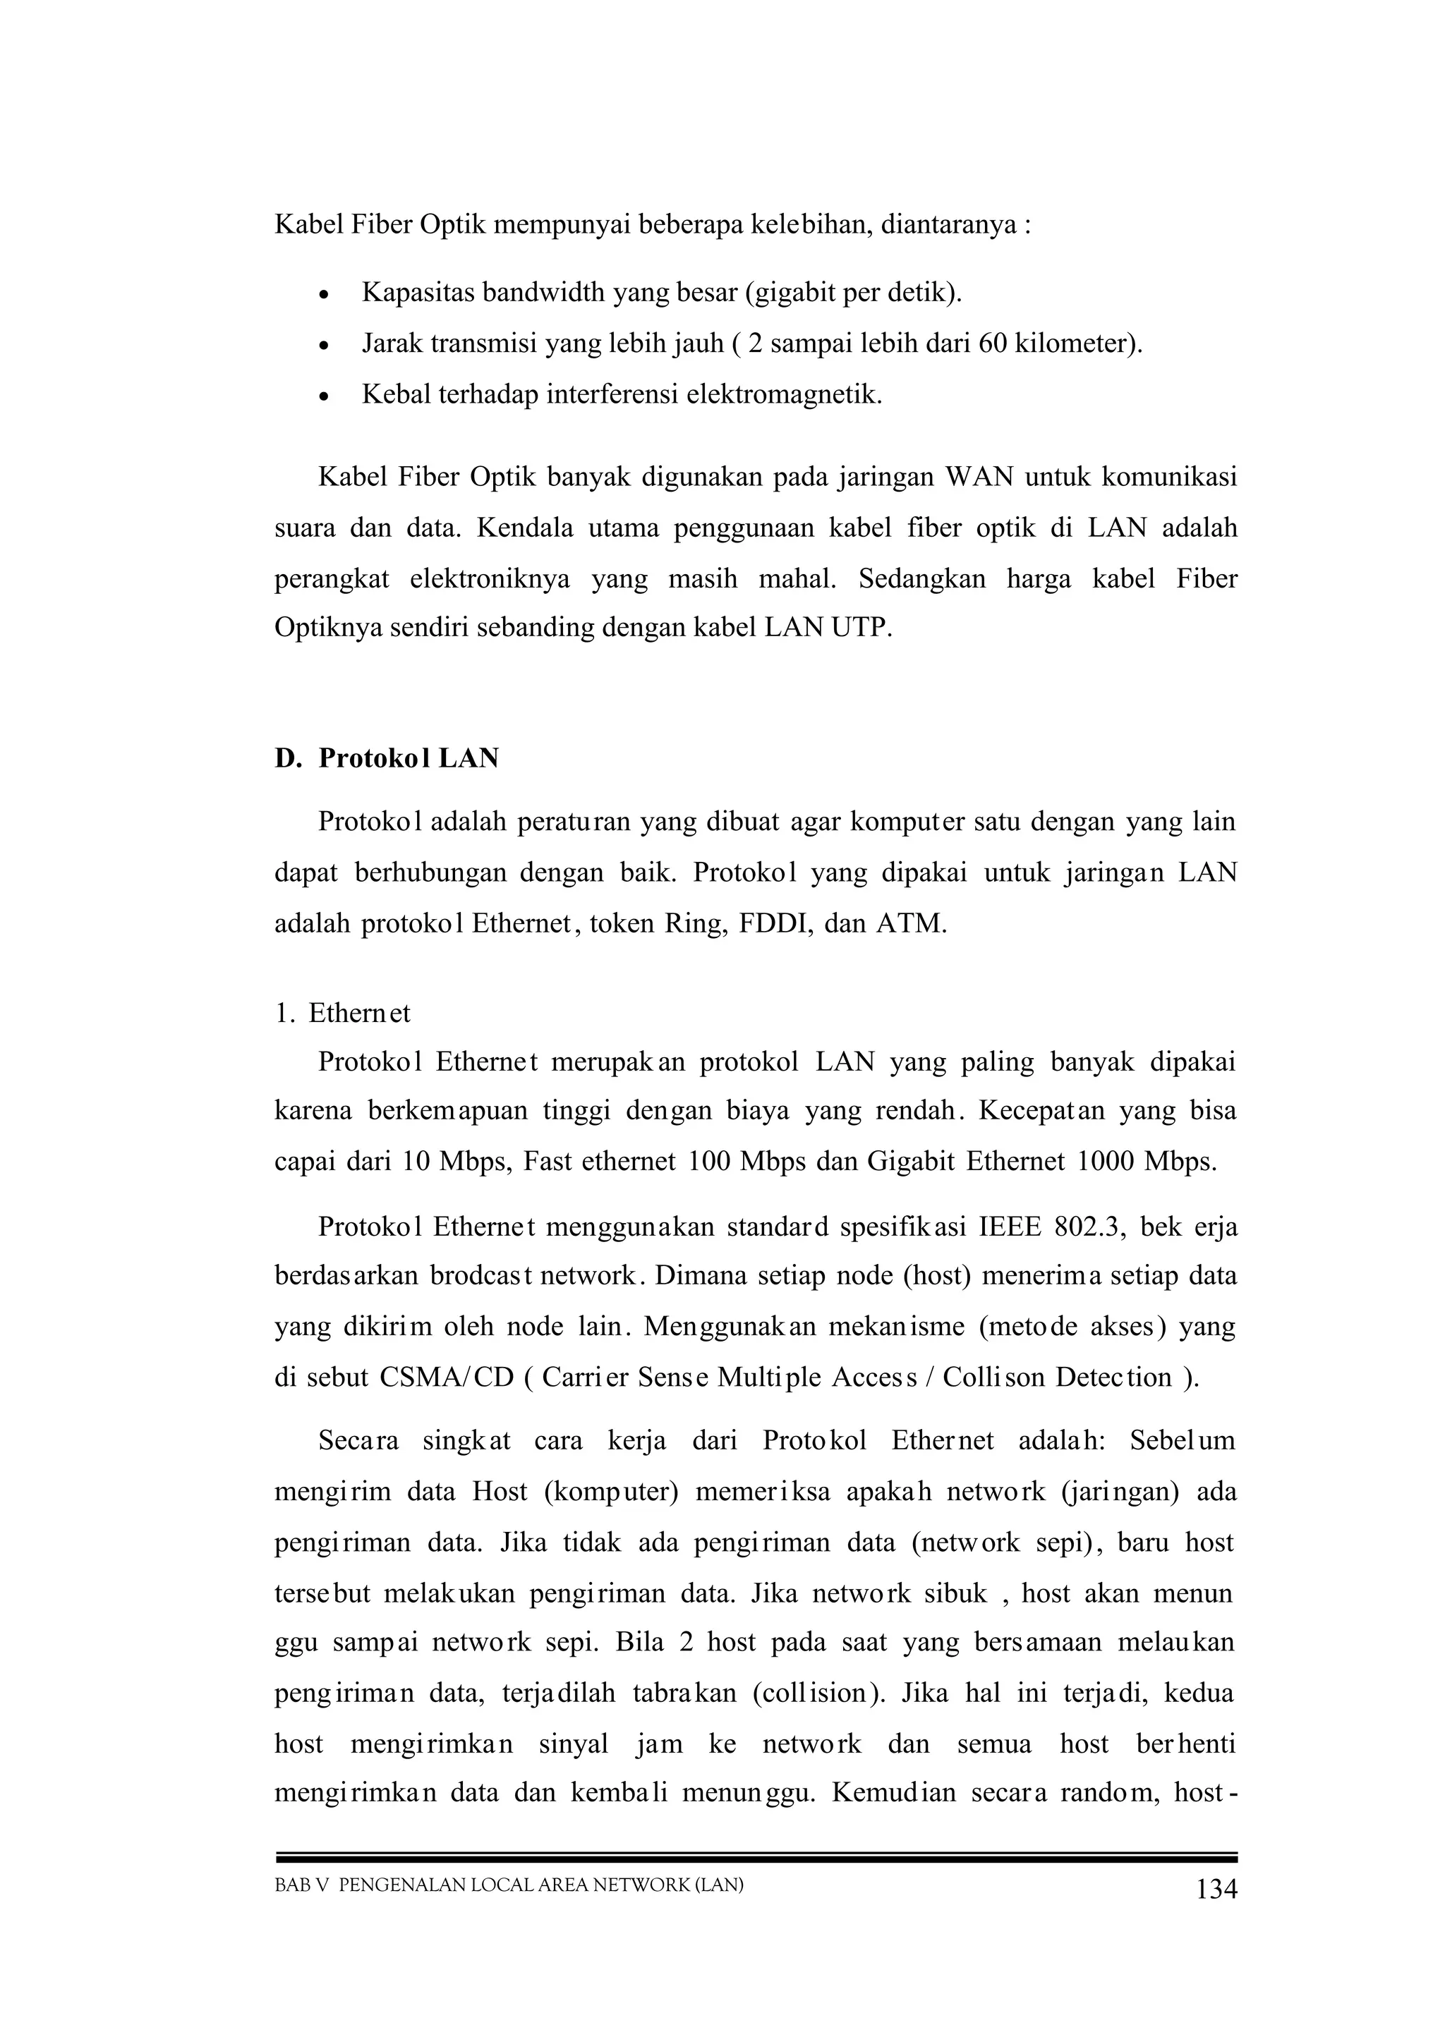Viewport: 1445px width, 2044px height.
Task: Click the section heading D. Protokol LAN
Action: pos(387,758)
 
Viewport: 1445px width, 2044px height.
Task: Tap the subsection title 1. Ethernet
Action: pos(344,1014)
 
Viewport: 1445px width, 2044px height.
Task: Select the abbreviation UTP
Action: pos(860,628)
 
